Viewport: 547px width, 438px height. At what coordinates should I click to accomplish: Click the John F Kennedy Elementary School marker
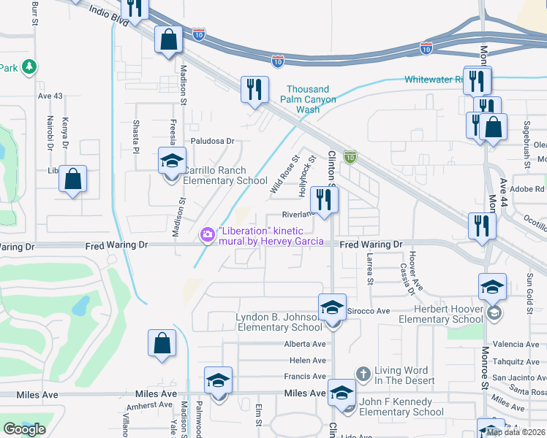click(342, 393)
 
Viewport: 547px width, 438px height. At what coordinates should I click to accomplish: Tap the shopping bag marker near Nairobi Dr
click(73, 178)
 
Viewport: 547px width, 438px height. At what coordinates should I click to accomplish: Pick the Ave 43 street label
click(50, 96)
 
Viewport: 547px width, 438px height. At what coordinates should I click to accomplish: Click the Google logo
click(24, 429)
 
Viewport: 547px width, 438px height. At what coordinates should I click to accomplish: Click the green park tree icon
click(29, 68)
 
